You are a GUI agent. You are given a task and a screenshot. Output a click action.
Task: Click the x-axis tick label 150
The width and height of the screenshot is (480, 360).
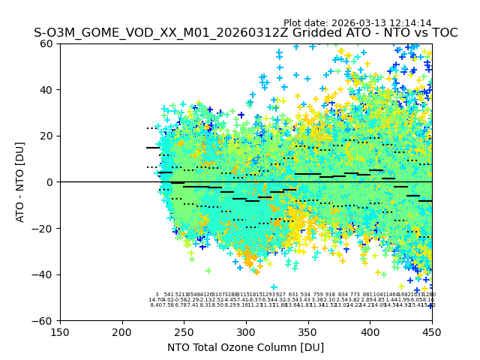pos(60,331)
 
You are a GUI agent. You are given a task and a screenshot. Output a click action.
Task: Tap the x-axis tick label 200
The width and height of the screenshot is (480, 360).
pos(122,331)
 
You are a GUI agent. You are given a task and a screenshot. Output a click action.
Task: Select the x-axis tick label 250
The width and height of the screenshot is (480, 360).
pos(184,331)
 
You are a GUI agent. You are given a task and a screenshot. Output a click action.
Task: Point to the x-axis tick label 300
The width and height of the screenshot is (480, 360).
pos(246,331)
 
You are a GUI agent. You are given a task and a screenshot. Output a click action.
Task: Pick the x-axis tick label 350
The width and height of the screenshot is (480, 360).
pos(308,331)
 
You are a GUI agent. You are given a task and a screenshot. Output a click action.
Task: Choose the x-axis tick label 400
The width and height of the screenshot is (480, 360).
pos(370,331)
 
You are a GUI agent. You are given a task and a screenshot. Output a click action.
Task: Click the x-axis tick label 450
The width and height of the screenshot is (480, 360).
pos(432,331)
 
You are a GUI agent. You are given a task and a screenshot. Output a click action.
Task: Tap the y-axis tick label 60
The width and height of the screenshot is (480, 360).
pos(47,43)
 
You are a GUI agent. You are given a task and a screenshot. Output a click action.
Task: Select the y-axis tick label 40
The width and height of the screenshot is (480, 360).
pos(47,90)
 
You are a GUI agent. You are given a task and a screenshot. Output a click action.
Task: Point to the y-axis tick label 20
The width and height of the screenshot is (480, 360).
pos(47,136)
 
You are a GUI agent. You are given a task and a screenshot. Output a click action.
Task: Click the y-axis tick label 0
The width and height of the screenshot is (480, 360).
pos(50,182)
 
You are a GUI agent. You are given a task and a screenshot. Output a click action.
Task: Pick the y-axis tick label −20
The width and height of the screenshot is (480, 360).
pos(44,228)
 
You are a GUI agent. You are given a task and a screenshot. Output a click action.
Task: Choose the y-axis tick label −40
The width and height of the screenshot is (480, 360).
pos(44,274)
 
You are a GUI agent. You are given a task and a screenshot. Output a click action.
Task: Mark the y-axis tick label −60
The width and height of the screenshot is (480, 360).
pos(44,320)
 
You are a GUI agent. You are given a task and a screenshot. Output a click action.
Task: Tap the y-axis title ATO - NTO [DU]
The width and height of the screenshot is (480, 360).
pos(20,182)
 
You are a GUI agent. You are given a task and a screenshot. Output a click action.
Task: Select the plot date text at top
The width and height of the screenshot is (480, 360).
pos(357,23)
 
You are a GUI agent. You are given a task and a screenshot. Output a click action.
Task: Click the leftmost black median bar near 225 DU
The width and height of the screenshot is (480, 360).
pos(153,148)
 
